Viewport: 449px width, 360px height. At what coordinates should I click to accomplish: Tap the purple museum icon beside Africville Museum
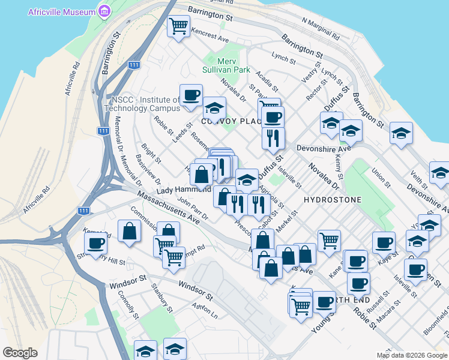(105, 11)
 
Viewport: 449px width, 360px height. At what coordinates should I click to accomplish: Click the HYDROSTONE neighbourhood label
(333, 199)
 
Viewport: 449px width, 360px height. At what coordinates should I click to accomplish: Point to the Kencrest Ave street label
(210, 34)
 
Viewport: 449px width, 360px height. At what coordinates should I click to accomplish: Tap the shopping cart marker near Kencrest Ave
(178, 26)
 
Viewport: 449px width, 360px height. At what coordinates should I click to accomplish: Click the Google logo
(20, 353)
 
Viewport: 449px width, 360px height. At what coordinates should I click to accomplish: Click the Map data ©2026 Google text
(411, 355)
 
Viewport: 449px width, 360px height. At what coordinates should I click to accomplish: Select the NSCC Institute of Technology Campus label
(142, 104)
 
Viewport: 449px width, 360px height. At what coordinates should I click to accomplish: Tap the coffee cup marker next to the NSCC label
(191, 94)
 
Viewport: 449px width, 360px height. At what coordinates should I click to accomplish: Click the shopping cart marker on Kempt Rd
(173, 257)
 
